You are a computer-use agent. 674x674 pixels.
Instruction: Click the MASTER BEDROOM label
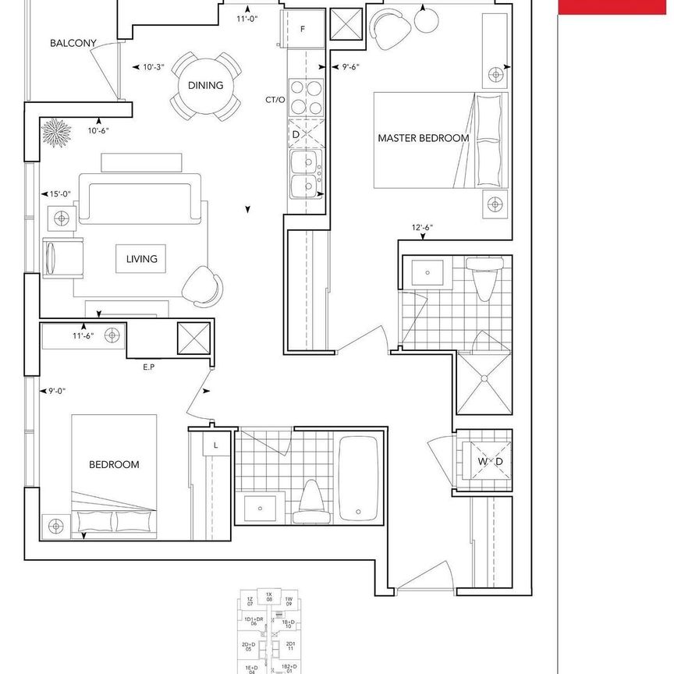tap(423, 138)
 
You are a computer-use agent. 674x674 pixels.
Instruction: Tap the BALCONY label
tap(73, 44)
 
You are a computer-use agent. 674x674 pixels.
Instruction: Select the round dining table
tap(205, 86)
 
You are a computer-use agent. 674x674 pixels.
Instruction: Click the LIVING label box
tap(141, 259)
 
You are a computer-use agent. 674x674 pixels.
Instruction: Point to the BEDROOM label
tap(114, 464)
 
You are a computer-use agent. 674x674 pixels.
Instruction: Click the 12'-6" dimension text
tap(422, 228)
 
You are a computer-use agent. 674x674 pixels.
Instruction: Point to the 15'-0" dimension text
tap(60, 194)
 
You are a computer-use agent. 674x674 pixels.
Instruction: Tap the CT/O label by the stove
tap(275, 100)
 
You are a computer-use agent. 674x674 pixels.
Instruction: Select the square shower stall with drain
tap(484, 381)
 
